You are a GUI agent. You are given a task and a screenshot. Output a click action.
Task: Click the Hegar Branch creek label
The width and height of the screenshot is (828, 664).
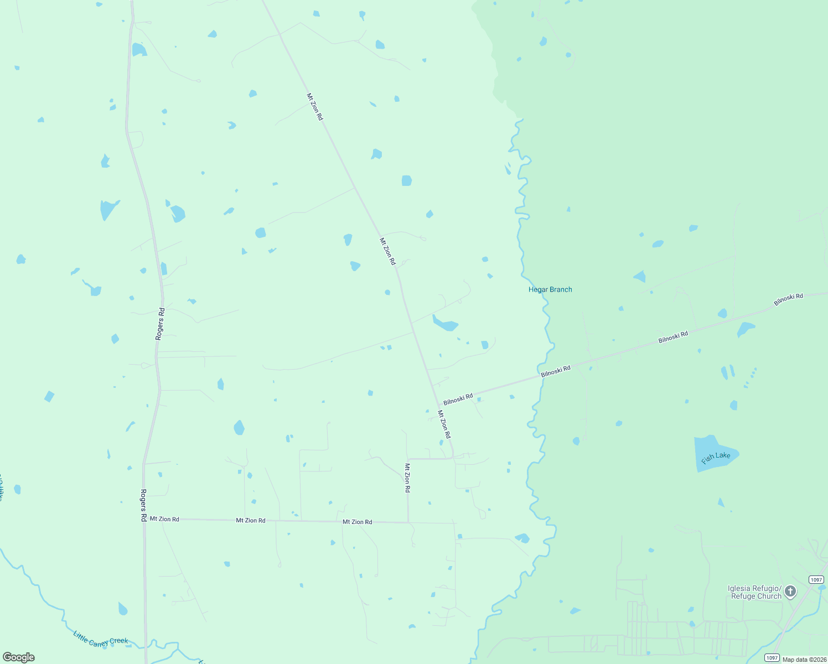(550, 289)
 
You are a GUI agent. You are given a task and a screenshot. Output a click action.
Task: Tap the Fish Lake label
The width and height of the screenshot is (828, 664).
(716, 457)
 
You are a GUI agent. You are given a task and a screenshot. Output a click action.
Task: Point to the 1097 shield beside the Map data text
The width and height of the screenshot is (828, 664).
(772, 657)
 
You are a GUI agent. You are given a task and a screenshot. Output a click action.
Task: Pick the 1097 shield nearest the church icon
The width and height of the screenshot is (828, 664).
(816, 579)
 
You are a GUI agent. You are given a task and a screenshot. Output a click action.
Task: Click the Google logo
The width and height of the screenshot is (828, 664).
(19, 657)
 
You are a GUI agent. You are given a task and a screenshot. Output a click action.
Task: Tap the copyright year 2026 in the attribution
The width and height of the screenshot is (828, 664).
(819, 660)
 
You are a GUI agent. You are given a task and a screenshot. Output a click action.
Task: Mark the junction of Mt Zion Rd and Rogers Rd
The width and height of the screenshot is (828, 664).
(144, 519)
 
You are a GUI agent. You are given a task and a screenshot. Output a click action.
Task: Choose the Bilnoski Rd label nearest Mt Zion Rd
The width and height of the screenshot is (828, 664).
(458, 398)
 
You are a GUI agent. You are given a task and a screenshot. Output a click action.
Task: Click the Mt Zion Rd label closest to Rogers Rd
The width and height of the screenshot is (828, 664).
(164, 519)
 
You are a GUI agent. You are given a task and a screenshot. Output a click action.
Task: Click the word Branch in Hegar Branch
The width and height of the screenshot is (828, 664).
(560, 289)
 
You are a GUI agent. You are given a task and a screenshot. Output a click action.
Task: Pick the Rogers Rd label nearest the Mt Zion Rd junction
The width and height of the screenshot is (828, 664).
(143, 505)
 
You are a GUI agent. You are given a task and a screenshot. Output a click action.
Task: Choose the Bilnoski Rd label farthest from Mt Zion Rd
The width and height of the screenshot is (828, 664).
(788, 299)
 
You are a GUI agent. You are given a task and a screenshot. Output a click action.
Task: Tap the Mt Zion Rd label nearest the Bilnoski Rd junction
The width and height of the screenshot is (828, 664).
(444, 424)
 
